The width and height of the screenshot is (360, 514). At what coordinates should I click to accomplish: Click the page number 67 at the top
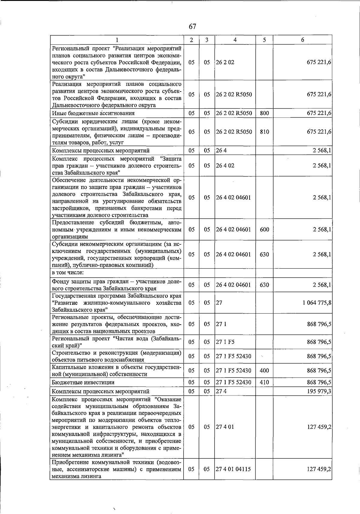pos(192,27)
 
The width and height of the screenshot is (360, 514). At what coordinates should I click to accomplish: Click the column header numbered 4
pos(235,40)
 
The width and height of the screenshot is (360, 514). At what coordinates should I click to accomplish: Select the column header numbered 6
pos(302,40)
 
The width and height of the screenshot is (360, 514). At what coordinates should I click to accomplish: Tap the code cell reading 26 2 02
pos(225,62)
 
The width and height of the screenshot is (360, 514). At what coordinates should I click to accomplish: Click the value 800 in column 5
pos(264,113)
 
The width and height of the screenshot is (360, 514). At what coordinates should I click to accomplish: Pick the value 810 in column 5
pos(264,132)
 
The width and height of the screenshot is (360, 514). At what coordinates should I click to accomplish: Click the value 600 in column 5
pos(264,230)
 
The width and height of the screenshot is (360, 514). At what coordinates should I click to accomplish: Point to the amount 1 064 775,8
pos(317,303)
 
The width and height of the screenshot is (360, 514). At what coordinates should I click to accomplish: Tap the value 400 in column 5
pos(264,371)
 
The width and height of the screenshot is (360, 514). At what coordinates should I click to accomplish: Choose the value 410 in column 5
pos(264,383)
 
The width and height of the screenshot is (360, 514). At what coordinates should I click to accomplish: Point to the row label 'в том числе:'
pos(68,273)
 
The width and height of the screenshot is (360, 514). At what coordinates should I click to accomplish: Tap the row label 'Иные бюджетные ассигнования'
pos(93,113)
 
